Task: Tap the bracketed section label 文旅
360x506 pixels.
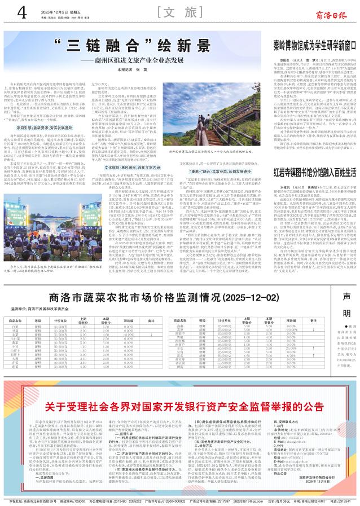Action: [180, 12]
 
